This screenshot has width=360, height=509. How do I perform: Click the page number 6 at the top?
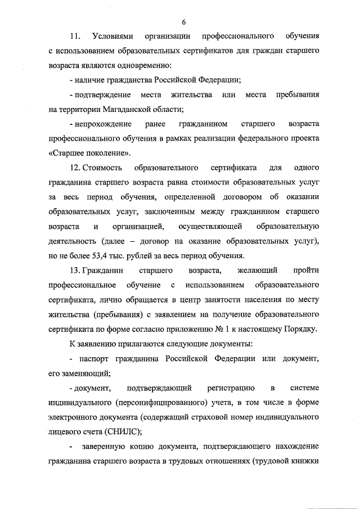pos(183,22)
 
